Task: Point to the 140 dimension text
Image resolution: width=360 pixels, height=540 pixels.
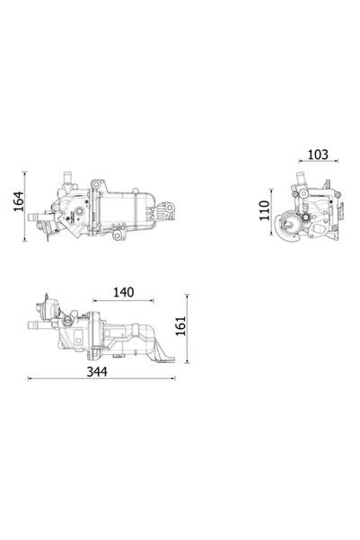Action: (124, 292)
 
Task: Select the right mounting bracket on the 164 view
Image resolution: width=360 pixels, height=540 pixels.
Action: (166, 212)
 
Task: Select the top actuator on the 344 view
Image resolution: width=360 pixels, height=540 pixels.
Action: (52, 299)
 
